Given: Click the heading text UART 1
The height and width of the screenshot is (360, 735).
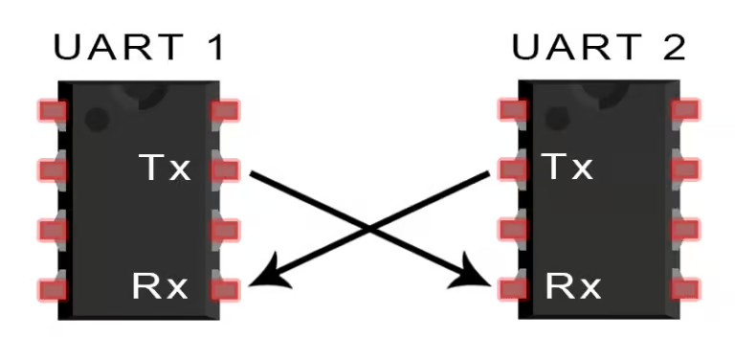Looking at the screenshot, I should (140, 47).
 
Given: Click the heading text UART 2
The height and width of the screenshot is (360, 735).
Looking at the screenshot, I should (599, 47).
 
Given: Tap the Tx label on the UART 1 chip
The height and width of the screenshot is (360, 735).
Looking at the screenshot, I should (165, 169).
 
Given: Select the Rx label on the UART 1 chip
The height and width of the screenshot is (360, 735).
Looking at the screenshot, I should (161, 285).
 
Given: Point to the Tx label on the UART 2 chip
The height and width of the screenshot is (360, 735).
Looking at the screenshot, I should (568, 169).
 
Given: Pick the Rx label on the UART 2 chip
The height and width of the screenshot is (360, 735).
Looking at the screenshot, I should (572, 285).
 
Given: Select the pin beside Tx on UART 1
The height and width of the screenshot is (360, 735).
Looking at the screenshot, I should (225, 170).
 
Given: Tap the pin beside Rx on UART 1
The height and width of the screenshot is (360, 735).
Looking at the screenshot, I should (225, 288).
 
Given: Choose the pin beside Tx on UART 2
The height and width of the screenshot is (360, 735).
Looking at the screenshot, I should (514, 170).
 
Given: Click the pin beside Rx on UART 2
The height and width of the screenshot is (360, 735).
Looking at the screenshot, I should (514, 288).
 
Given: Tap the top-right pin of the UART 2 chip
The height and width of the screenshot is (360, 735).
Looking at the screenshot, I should (685, 111).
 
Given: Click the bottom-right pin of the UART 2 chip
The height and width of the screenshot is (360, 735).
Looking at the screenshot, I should (685, 288).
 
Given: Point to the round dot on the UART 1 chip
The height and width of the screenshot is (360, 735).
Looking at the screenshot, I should (96, 119).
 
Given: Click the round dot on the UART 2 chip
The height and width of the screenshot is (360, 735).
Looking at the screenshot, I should (556, 119).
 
